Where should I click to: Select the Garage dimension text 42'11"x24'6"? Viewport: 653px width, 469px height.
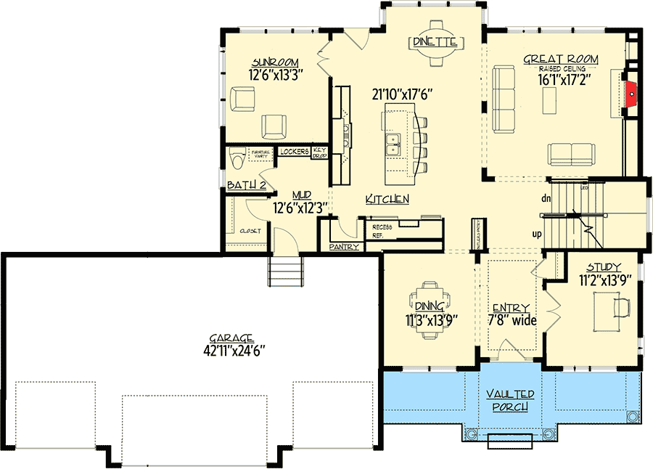pyautogui.click(x=231, y=350)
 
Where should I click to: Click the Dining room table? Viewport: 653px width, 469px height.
pyautogui.click(x=431, y=311)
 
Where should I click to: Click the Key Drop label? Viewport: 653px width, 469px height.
pyautogui.click(x=320, y=152)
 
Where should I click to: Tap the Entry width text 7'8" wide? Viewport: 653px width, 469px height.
pyautogui.click(x=511, y=320)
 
